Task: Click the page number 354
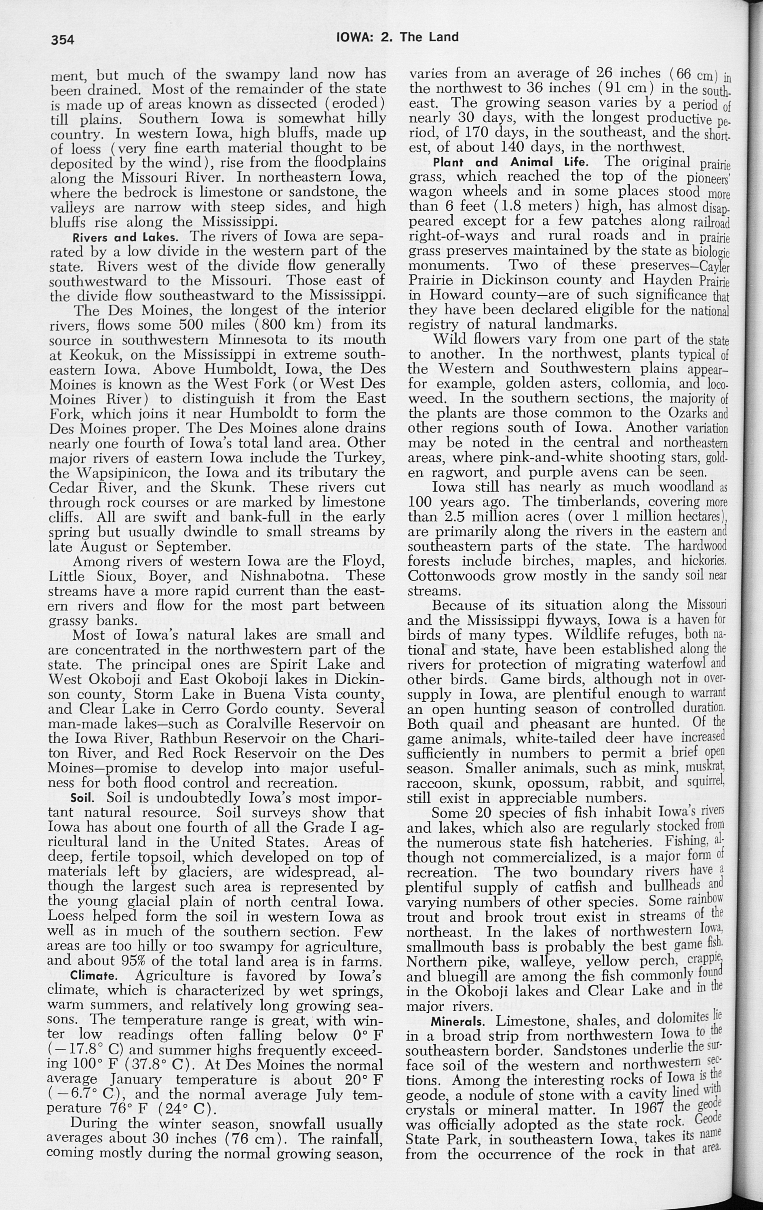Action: coord(62,40)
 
